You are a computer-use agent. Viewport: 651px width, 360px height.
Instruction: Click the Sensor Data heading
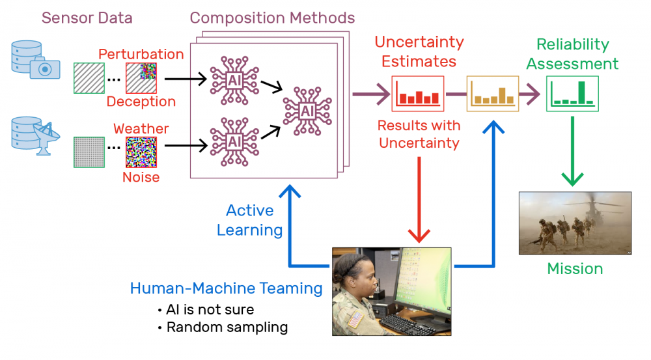click(x=87, y=18)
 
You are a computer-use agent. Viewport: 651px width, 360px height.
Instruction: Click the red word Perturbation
click(x=141, y=53)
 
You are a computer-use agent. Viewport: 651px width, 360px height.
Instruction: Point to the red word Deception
click(x=141, y=102)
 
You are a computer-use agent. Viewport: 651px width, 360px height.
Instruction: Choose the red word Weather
click(x=141, y=128)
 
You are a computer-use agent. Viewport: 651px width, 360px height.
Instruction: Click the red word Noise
click(x=141, y=176)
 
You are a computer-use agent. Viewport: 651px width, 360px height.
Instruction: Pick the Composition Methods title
click(x=272, y=18)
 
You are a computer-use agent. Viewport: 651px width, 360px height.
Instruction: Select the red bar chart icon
click(x=417, y=94)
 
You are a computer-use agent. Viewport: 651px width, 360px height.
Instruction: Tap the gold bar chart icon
click(x=493, y=94)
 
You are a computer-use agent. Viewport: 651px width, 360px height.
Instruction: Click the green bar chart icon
click(x=572, y=94)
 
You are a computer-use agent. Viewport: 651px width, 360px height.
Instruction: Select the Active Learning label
click(x=250, y=220)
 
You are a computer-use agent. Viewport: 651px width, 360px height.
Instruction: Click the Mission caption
click(x=575, y=268)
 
